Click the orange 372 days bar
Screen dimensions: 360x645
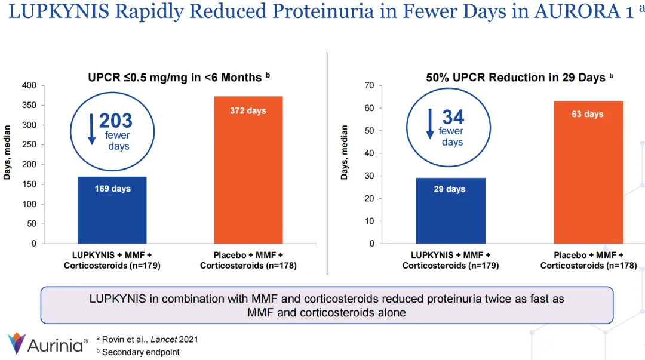point(248,170)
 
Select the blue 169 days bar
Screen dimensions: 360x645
point(112,210)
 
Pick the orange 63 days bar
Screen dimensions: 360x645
point(588,172)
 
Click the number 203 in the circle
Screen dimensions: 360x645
point(116,121)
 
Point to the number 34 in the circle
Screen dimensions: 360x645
point(453,118)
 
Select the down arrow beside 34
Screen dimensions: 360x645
point(430,124)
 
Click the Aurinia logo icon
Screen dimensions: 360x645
point(17,343)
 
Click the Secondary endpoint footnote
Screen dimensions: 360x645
point(140,352)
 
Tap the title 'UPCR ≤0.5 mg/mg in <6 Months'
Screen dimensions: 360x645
point(175,78)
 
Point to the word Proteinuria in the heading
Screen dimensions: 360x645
point(326,12)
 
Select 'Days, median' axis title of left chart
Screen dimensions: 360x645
point(7,152)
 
